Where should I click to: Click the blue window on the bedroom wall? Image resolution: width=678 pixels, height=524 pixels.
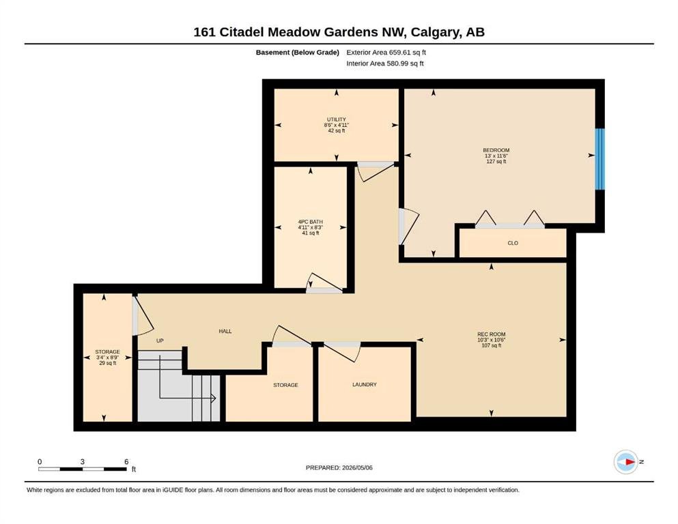tap(599, 159)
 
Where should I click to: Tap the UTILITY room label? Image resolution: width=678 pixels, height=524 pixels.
tap(337, 119)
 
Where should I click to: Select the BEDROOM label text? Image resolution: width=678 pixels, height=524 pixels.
tap(496, 150)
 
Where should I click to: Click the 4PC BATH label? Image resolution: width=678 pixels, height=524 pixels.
tap(311, 222)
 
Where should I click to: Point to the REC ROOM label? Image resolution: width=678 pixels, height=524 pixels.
tap(491, 334)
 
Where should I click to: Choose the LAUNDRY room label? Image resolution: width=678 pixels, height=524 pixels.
tap(365, 384)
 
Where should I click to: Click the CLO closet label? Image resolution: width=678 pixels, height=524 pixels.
tap(513, 243)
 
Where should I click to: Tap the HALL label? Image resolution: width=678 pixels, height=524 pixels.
tap(225, 332)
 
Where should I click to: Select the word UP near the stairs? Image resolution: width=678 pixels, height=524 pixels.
tap(160, 341)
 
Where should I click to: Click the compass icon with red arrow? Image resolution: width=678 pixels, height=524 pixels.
tap(626, 462)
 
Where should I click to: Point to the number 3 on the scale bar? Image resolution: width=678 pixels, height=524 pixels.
tap(83, 462)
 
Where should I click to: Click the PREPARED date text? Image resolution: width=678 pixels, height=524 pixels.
tap(339, 467)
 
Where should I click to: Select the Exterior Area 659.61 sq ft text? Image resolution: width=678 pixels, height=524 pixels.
tap(386, 53)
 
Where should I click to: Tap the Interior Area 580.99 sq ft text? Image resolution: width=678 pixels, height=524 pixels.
tap(385, 63)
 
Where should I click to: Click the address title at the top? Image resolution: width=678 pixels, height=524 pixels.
tap(339, 32)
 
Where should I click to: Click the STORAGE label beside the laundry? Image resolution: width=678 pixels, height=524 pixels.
tap(285, 385)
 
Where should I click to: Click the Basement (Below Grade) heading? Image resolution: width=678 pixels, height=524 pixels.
tap(298, 53)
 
